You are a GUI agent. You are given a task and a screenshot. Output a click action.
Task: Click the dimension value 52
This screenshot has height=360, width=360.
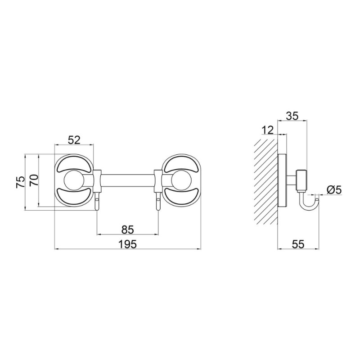(x=74, y=140)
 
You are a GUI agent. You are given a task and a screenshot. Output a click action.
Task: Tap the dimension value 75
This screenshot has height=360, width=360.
(x=20, y=182)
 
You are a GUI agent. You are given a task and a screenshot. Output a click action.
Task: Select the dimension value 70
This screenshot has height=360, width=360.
(x=34, y=181)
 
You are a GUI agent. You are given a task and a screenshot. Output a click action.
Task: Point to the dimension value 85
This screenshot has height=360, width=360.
(x=128, y=229)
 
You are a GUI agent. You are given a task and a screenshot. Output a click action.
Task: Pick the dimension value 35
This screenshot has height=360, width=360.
(x=292, y=116)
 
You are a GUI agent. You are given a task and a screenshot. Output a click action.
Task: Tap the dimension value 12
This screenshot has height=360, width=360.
(x=268, y=130)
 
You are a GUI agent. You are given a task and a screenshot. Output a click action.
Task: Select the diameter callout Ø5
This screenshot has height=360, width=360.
(x=334, y=190)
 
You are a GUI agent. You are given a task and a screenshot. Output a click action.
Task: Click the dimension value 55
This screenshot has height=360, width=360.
(x=298, y=244)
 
